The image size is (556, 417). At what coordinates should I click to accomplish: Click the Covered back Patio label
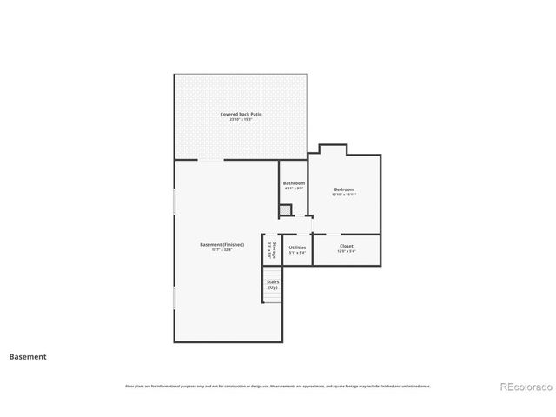pos(242,114)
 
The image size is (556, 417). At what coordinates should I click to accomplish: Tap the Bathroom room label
pos(294,183)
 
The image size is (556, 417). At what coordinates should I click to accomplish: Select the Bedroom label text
pos(344,189)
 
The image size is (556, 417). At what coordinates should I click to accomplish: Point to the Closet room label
pos(346,246)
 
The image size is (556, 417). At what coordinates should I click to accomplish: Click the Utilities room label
pos(297,248)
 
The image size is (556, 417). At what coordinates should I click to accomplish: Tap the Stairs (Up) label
pos(273,284)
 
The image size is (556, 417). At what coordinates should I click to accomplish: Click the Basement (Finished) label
pos(222,245)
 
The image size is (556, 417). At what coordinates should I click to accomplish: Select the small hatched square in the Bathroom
pos(285,210)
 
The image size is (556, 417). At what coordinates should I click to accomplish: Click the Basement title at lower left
pos(28,356)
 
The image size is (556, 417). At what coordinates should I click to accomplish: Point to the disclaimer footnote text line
pos(278,386)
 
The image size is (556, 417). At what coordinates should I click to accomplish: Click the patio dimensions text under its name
pos(242,119)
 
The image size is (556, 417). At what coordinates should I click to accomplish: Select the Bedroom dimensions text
pos(344,195)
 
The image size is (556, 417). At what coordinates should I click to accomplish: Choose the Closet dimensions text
pos(346,251)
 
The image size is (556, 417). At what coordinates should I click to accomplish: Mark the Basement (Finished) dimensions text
pos(222,250)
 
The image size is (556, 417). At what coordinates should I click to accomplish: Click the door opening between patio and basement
pos(211,160)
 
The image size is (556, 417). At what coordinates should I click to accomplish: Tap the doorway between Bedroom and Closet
pos(333,235)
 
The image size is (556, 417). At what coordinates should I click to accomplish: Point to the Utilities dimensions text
pos(297,253)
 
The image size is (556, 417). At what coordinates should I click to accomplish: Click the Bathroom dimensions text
pos(294,189)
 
